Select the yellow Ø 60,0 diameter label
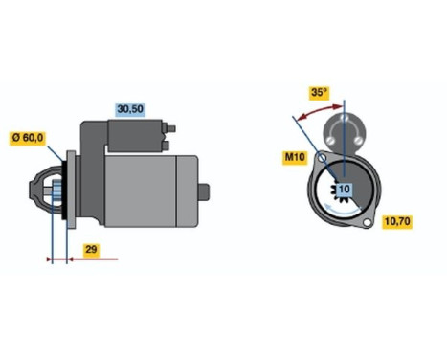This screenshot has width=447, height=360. tap(28, 138)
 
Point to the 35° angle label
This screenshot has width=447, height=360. tap(319, 93)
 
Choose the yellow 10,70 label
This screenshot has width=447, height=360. tap(397, 222)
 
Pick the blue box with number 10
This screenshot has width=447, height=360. tap(343, 191)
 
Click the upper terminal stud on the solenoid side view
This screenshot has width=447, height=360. tap(174, 126)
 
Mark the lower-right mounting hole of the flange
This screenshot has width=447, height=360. tap(368, 221)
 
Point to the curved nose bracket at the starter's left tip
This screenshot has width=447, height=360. tap(41, 192)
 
